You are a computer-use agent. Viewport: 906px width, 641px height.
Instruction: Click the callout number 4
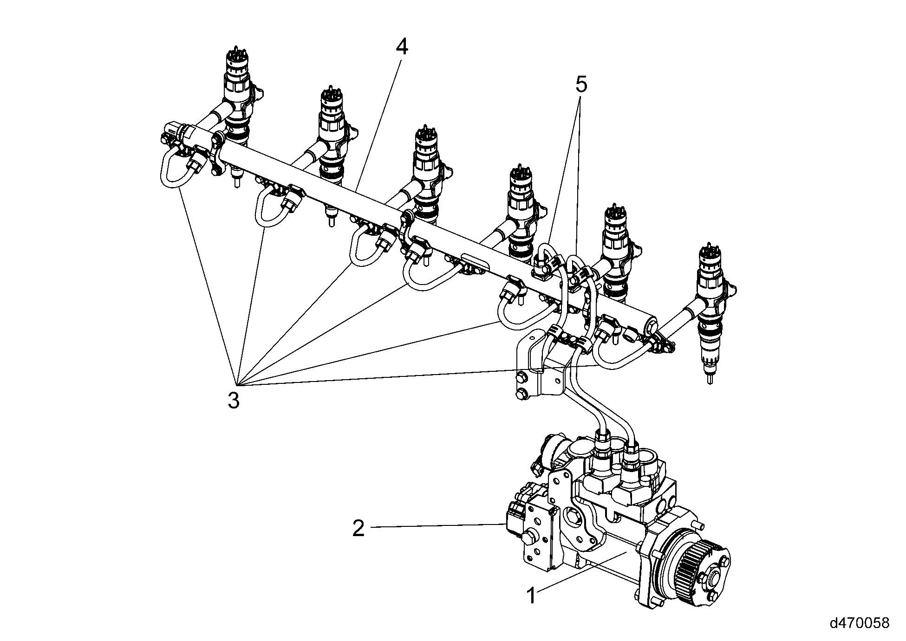point(402,47)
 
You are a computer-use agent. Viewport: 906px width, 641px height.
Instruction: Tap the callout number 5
point(581,85)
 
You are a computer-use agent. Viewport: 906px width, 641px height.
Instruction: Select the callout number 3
point(234,400)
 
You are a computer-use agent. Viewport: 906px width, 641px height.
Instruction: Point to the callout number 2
point(358,528)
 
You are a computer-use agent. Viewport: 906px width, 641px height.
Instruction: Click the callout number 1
point(531,596)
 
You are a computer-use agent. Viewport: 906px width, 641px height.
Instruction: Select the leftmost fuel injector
point(238,97)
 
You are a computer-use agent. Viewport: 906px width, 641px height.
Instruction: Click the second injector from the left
point(332,135)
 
